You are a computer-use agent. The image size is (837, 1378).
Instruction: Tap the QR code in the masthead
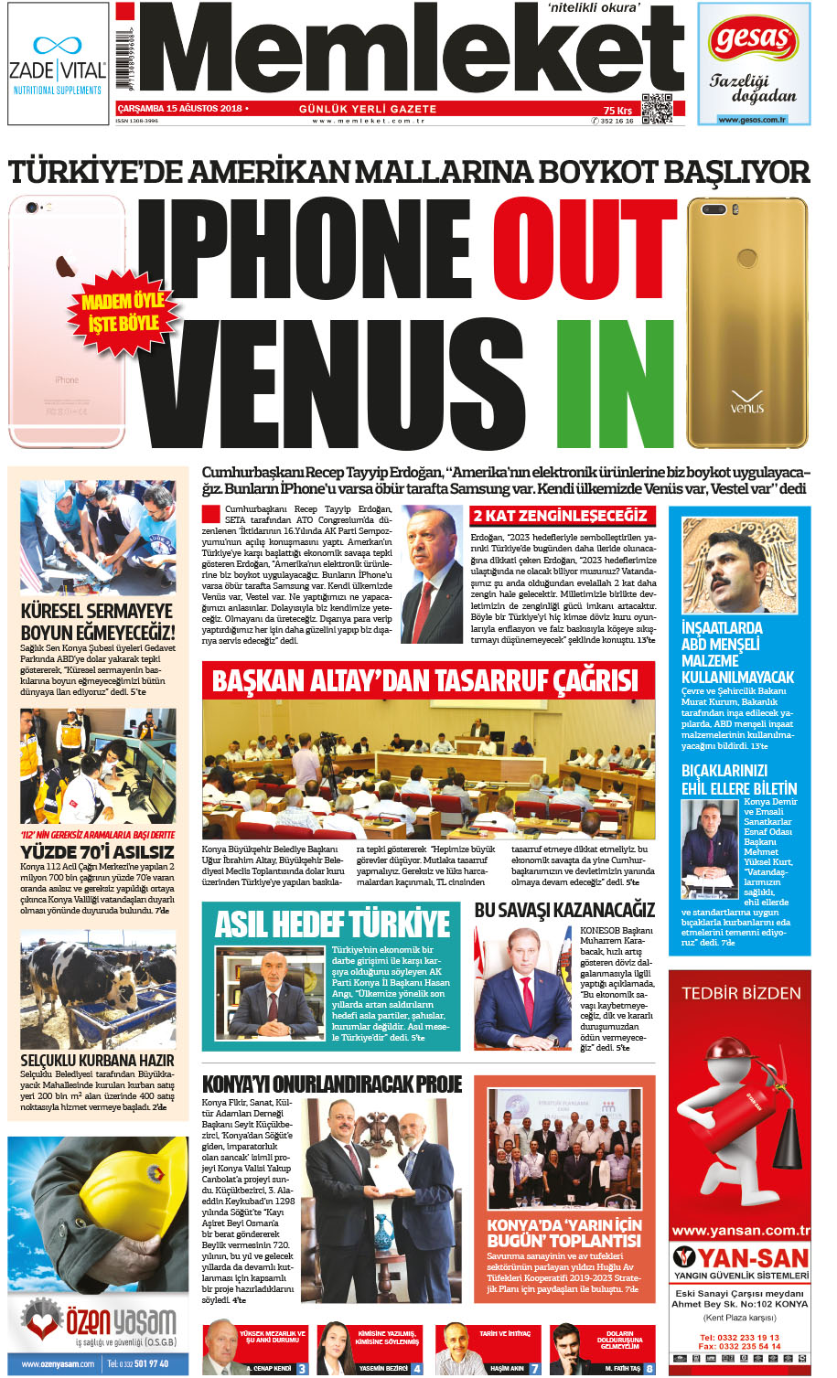656,109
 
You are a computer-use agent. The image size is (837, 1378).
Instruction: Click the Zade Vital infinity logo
58,45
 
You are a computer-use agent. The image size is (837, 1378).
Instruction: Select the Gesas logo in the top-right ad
753,39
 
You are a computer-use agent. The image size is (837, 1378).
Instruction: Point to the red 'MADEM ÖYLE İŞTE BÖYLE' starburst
123,312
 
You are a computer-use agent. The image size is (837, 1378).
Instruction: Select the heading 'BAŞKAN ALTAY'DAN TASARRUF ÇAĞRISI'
424,680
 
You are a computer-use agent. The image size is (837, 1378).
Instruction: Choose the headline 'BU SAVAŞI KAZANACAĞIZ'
564,910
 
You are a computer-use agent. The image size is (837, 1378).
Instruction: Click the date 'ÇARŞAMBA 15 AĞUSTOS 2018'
179,109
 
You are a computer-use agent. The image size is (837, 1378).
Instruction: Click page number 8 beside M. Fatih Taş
649,1369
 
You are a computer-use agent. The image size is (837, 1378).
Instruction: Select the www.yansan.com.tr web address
740,1231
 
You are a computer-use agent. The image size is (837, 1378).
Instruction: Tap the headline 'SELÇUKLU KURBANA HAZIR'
97,1060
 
